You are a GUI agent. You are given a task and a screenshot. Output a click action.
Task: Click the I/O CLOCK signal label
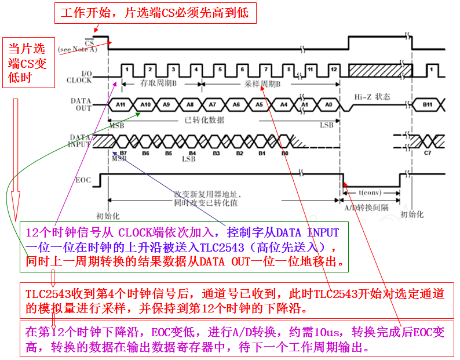tap(82, 77)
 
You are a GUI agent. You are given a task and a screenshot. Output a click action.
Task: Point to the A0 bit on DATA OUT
tap(328, 104)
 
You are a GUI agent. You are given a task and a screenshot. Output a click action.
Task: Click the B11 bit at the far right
tap(428, 104)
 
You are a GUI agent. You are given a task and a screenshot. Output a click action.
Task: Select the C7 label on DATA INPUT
tap(428, 154)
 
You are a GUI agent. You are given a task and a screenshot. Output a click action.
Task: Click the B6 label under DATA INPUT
tap(145, 154)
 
